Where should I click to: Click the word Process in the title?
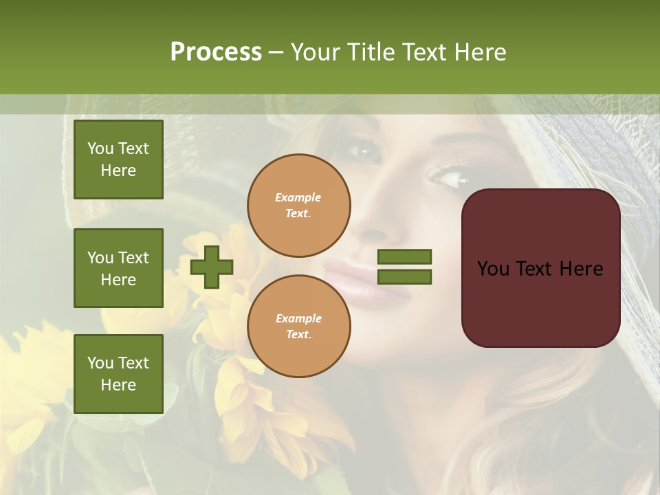[x=216, y=52]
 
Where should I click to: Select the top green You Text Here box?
[x=118, y=159]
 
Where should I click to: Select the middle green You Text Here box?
[x=118, y=268]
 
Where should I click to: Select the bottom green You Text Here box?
[x=118, y=373]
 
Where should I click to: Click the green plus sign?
[x=212, y=267]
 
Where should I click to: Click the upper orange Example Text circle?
[x=299, y=205]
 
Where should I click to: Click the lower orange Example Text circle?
[x=299, y=326]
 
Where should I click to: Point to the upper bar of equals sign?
[x=404, y=256]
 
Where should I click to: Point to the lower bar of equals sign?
[x=404, y=277]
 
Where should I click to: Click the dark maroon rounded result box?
[x=540, y=302]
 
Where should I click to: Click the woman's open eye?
[x=450, y=179]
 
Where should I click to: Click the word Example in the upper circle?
[x=298, y=197]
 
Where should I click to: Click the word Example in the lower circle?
[x=298, y=318]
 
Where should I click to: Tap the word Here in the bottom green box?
[x=118, y=385]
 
